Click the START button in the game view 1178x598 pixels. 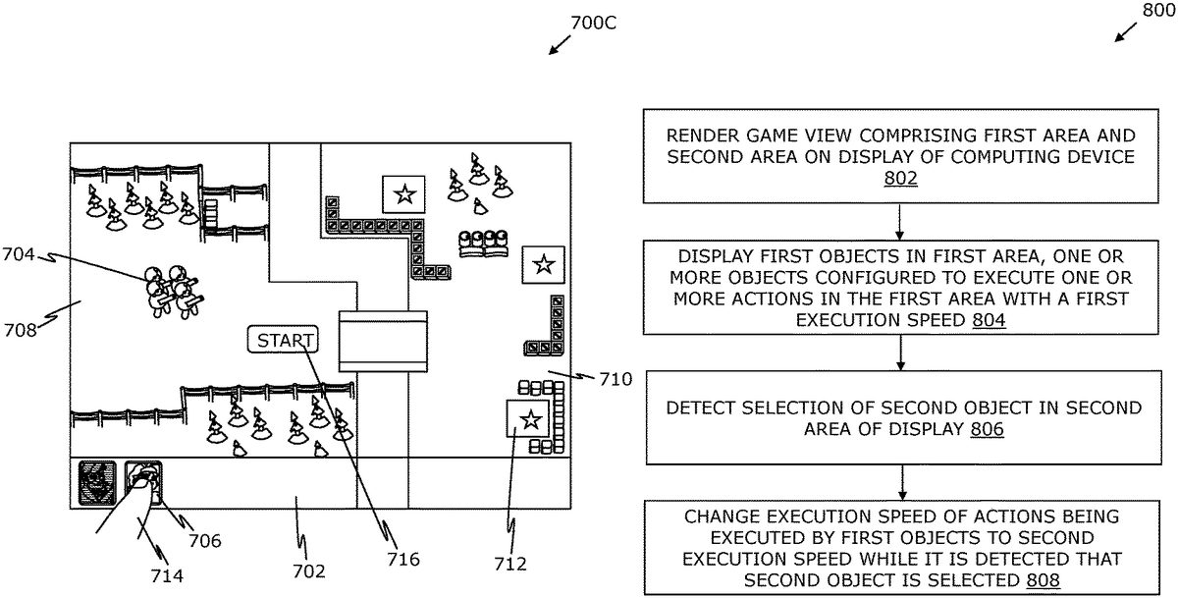coord(283,341)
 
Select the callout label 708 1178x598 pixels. coord(21,329)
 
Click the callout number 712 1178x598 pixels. coord(510,564)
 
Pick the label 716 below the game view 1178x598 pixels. coord(402,559)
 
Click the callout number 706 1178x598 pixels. coord(205,540)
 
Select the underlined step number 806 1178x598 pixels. coord(986,429)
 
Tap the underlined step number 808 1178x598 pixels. coord(1041,579)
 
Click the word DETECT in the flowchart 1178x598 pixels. coord(699,408)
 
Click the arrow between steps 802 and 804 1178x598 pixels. coord(900,222)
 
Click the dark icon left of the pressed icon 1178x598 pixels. coord(96,481)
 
